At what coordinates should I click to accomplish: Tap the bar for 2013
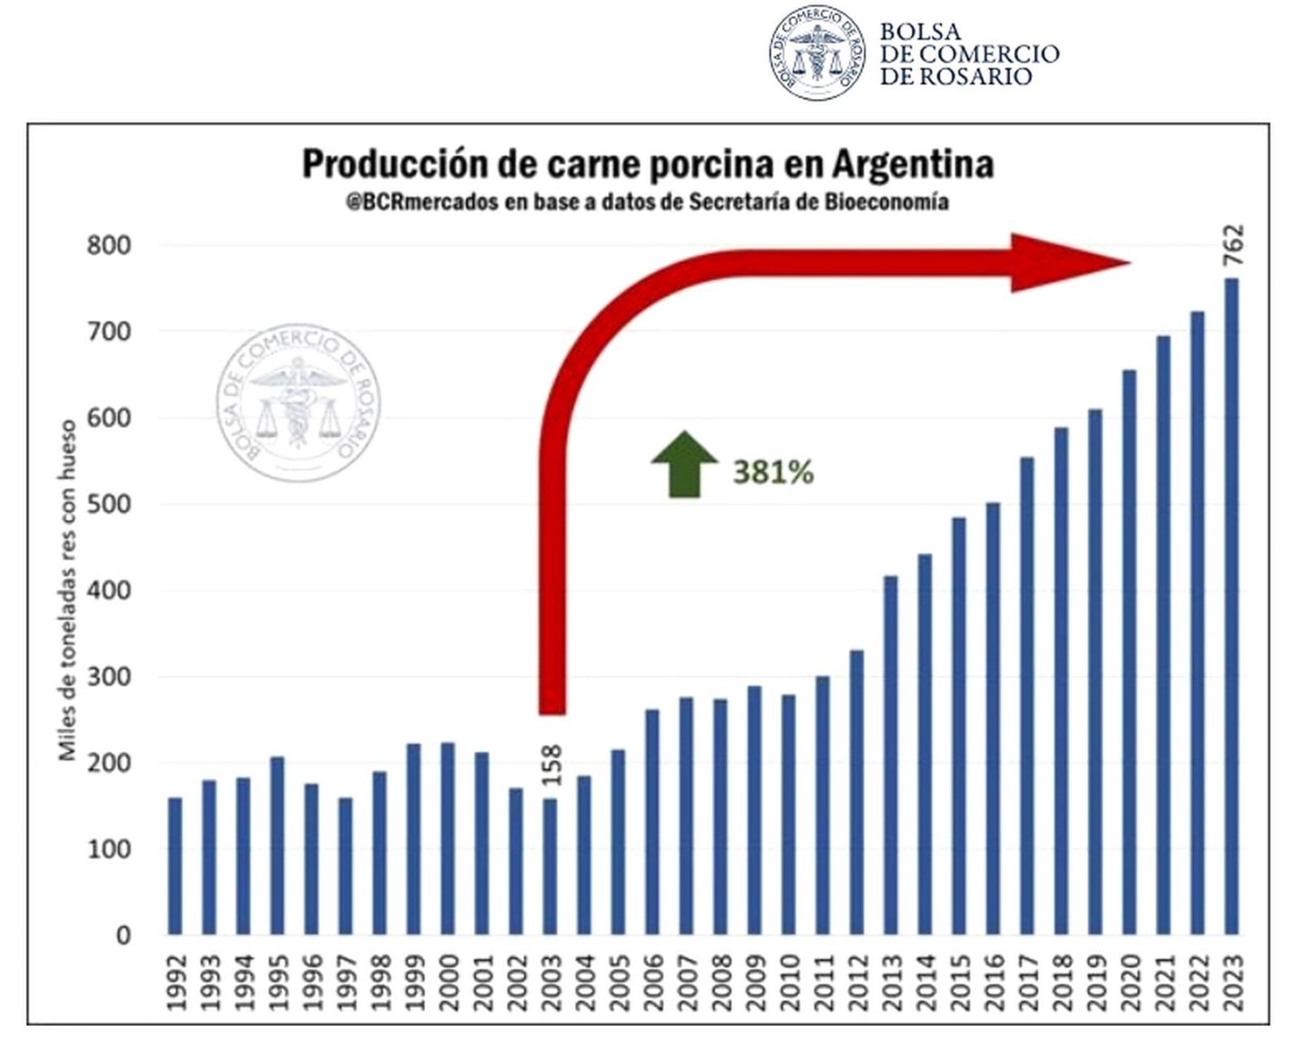pyautogui.click(x=891, y=755)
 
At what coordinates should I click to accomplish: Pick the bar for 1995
pyautogui.click(x=278, y=846)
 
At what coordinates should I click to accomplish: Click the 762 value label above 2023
pyautogui.click(x=1233, y=244)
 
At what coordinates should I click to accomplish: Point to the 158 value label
pyautogui.click(x=552, y=764)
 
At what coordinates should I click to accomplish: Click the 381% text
pyautogui.click(x=773, y=472)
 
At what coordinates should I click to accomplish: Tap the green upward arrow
pyautogui.click(x=684, y=464)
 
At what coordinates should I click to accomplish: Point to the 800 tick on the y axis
pyautogui.click(x=109, y=245)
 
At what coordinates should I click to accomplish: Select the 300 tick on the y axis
pyautogui.click(x=109, y=677)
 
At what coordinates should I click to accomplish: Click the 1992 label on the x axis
pyautogui.click(x=176, y=982)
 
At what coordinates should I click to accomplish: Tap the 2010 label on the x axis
pyautogui.click(x=789, y=982)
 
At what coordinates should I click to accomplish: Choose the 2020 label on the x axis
pyautogui.click(x=1129, y=982)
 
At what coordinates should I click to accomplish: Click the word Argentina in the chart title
pyautogui.click(x=912, y=164)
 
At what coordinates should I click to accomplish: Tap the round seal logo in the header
pyautogui.click(x=817, y=53)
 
